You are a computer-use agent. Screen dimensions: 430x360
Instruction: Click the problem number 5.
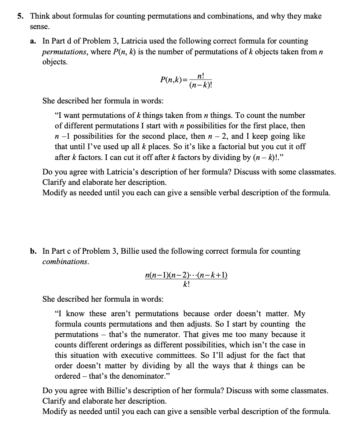[21, 16]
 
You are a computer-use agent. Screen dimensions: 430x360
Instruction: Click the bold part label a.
[33, 41]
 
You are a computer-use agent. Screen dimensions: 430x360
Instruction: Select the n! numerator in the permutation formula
[200, 76]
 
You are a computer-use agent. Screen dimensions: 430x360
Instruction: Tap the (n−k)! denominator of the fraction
[201, 85]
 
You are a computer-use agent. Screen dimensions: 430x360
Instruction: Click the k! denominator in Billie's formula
[186, 285]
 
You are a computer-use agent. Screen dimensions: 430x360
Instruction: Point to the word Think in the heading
[39, 16]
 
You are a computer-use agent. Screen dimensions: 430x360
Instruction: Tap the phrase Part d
[59, 41]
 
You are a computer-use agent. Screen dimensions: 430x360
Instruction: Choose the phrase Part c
[59, 251]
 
